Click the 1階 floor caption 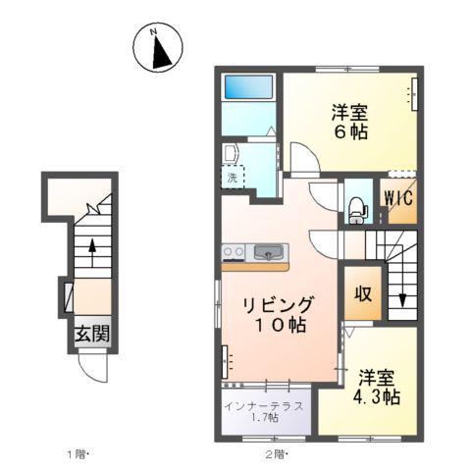click(79, 453)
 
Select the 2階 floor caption click(276, 453)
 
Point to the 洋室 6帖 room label click(348, 122)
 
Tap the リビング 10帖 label click(282, 315)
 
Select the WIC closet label click(397, 197)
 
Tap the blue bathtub click(248, 87)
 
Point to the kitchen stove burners click(233, 252)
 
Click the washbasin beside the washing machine click(232, 154)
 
